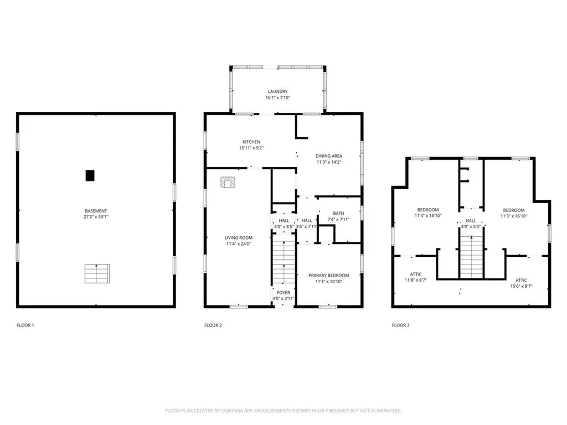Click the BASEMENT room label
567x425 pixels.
pyautogui.click(x=96, y=211)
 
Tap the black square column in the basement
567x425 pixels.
pyautogui.click(x=90, y=175)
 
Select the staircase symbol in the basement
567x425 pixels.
pyautogui.click(x=97, y=274)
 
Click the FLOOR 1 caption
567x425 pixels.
pyautogui.click(x=25, y=325)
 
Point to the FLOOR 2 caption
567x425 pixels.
pyautogui.click(x=213, y=325)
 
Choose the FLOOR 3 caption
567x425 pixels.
pyautogui.click(x=400, y=325)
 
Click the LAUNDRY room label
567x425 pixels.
pyautogui.click(x=277, y=92)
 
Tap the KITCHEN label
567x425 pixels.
pyautogui.click(x=251, y=142)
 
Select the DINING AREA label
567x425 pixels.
pyautogui.click(x=329, y=156)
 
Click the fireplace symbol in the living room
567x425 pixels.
pyautogui.click(x=228, y=182)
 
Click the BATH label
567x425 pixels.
pyautogui.click(x=338, y=214)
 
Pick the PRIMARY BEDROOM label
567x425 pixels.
pyautogui.click(x=329, y=276)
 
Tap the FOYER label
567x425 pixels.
pyautogui.click(x=283, y=293)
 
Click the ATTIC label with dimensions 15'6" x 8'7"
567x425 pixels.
pyautogui.click(x=521, y=281)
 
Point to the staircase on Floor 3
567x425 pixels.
pyautogui.click(x=472, y=256)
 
